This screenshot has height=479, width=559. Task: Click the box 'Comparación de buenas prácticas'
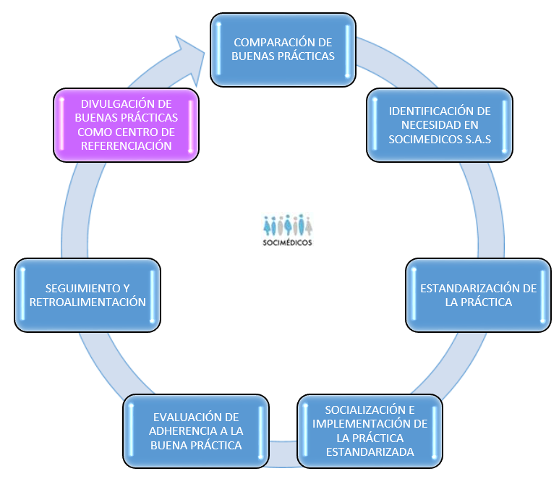pyautogui.click(x=283, y=48)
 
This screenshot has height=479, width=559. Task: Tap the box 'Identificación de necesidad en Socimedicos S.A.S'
pyautogui.click(x=440, y=124)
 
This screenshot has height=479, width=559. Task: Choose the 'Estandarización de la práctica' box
pyautogui.click(x=478, y=294)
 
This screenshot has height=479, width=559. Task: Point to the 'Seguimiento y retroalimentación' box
pyautogui.click(x=88, y=294)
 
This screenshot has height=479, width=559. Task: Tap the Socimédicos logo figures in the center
pyautogui.click(x=287, y=224)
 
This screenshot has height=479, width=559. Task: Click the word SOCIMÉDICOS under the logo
pyautogui.click(x=287, y=243)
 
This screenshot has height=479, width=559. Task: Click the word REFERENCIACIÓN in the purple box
pyautogui.click(x=127, y=145)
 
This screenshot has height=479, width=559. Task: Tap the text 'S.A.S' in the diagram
pyautogui.click(x=475, y=138)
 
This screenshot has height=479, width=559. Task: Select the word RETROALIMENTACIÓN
pyautogui.click(x=87, y=302)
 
